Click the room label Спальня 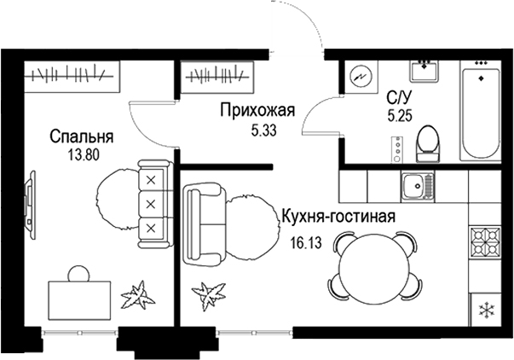point(82,136)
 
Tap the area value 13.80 point(82,155)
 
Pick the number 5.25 point(399,116)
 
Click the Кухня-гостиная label point(338,216)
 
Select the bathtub point(482,111)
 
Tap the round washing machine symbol point(361,77)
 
